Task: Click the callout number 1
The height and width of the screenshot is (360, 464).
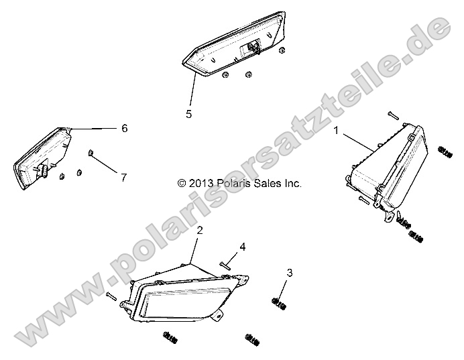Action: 336,130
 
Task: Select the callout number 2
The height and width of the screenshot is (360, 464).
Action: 200,231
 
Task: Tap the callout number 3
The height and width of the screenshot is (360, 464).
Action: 290,273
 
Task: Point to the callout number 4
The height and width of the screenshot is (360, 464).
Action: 243,247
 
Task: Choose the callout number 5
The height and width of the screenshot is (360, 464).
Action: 189,114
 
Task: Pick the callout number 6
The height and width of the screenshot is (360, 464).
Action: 125,129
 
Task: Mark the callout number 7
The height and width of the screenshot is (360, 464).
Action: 123,178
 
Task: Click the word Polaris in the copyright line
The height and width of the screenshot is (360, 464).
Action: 232,184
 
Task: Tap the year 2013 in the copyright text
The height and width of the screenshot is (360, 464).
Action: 200,184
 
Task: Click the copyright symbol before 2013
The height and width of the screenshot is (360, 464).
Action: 182,184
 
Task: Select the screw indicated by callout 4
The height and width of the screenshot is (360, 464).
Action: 225,265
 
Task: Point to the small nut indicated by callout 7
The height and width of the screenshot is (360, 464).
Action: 91,153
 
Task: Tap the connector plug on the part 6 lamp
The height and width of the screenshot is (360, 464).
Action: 43,169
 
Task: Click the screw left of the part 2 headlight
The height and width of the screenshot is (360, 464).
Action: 111,296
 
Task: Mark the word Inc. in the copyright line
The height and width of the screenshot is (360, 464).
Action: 293,184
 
